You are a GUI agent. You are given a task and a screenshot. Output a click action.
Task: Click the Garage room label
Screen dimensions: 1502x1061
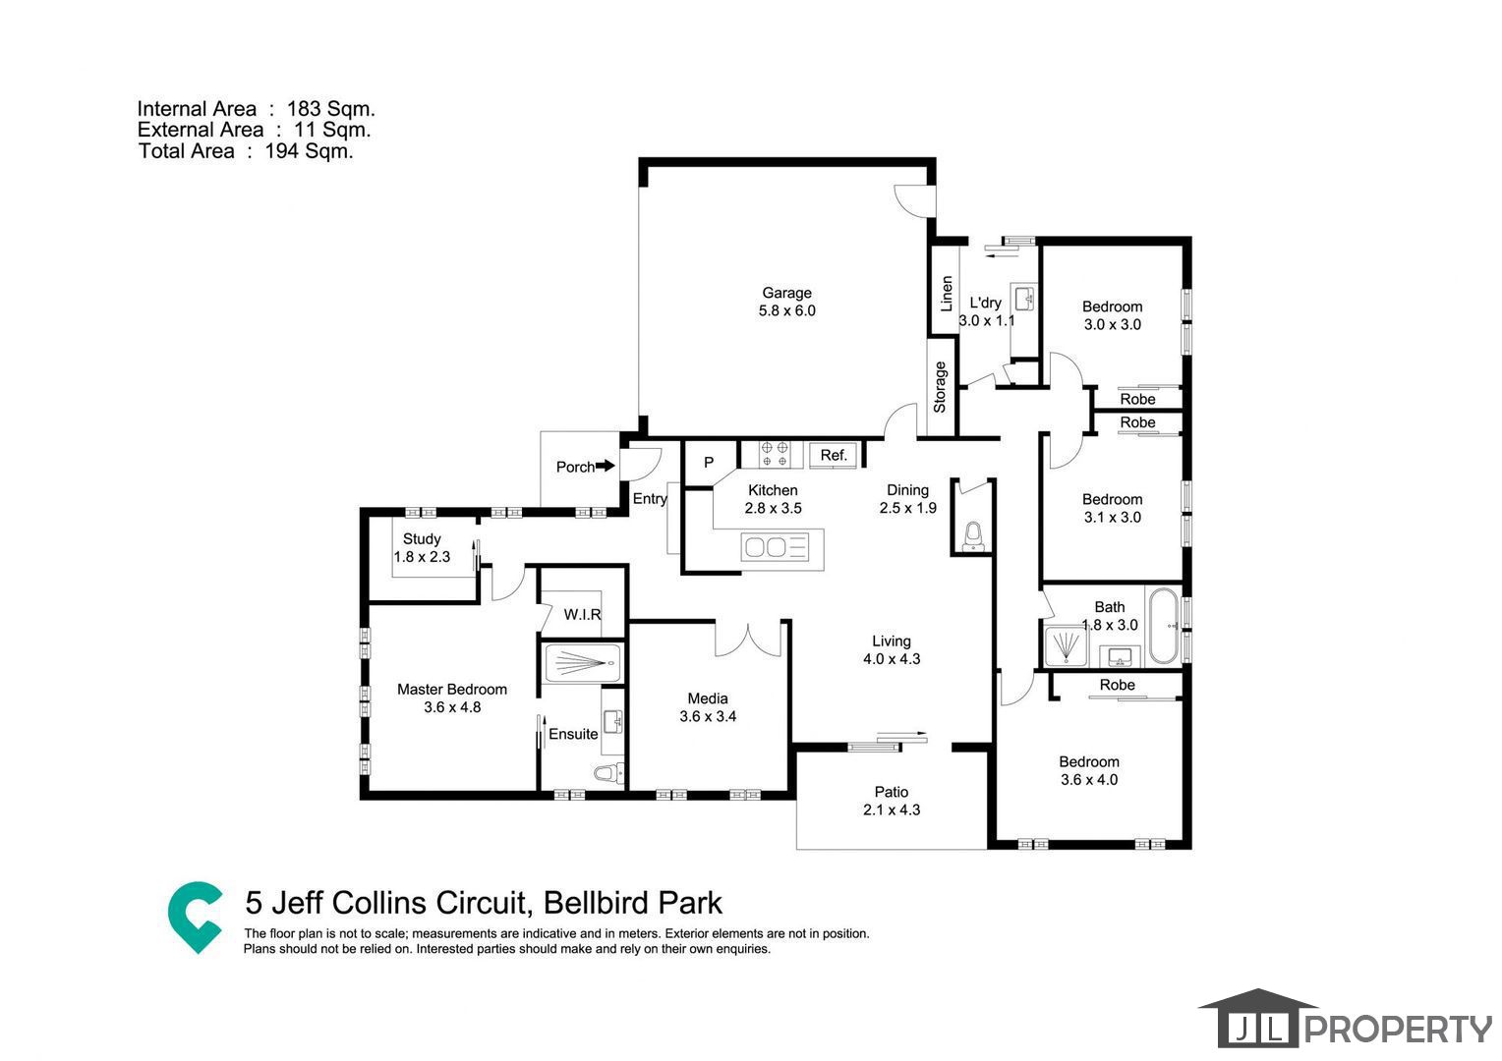786,293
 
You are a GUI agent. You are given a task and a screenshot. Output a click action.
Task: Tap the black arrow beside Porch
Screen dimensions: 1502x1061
606,466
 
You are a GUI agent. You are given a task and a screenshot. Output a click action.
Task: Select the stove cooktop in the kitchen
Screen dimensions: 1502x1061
775,454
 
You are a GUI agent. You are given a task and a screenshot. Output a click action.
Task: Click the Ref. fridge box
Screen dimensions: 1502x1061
833,455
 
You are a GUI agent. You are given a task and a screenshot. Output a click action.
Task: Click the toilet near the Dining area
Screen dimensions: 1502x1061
973,536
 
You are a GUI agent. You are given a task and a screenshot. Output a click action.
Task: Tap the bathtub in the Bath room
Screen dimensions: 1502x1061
1164,626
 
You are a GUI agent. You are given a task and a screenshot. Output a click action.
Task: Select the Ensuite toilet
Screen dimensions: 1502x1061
607,774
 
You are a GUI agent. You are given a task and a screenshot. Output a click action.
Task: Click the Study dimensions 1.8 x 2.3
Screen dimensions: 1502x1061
422,557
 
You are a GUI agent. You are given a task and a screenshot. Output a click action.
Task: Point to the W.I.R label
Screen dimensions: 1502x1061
582,615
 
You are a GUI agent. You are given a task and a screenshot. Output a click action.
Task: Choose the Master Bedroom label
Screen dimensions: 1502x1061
452,689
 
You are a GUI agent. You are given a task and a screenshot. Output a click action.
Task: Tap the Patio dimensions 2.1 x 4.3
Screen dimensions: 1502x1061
892,810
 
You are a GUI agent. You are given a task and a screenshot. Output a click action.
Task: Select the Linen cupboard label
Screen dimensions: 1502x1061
947,294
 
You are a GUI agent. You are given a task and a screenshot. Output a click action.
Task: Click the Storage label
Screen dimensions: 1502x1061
940,387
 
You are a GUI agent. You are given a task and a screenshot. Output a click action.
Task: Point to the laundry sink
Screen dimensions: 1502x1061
1024,299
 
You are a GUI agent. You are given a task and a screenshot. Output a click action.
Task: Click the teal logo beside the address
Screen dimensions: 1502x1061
195,917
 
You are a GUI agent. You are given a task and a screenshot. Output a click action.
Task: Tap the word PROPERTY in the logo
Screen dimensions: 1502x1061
1398,1029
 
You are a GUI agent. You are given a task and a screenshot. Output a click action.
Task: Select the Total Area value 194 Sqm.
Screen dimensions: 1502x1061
309,151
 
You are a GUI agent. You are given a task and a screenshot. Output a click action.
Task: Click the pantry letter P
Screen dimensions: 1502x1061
708,462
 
